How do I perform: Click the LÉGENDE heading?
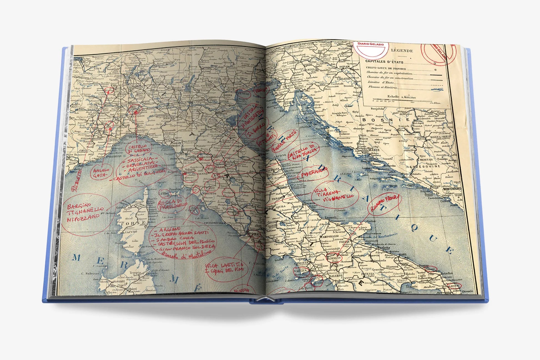402,51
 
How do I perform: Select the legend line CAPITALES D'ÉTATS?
384,62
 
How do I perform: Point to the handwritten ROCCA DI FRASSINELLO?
172,205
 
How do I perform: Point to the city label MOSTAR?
426,160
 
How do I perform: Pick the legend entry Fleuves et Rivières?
382,87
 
